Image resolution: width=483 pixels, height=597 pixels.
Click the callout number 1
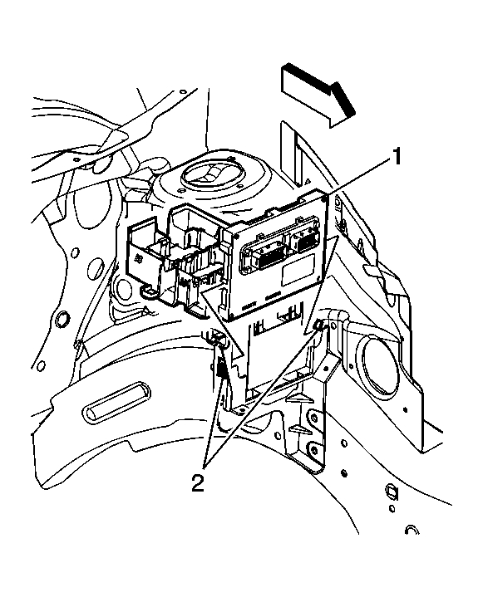(397, 157)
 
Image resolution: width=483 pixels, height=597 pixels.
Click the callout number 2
(198, 483)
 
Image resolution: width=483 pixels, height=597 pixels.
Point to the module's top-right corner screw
(324, 198)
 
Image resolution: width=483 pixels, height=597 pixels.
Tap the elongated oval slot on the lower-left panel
(116, 402)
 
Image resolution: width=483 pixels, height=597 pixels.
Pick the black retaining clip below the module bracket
(220, 369)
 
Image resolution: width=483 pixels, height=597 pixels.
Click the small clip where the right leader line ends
(318, 325)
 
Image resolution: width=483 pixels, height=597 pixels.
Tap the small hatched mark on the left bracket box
(139, 258)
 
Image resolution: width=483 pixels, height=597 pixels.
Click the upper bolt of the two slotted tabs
(314, 418)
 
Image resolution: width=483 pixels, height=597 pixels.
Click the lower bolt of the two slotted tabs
(313, 450)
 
